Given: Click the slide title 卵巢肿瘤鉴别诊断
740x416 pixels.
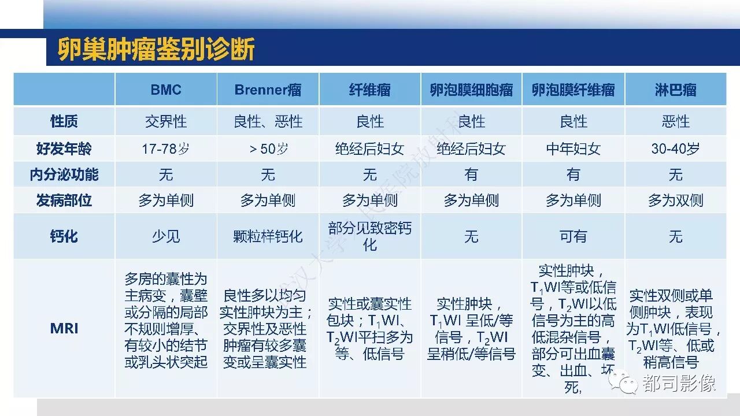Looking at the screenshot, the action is tap(156, 49).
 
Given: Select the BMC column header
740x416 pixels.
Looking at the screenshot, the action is tap(166, 90).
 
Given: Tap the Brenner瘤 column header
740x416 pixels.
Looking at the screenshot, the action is tap(268, 90).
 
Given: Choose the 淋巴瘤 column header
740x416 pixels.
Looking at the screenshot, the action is tap(676, 90).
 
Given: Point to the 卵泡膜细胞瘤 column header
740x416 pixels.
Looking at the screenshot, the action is tap(471, 90).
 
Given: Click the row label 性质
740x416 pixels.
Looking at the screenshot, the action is tap(64, 121).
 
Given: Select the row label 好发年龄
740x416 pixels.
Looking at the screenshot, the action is tap(64, 148).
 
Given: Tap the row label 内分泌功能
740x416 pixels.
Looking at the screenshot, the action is tap(64, 174).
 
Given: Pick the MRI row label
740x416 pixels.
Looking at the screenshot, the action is tap(64, 329).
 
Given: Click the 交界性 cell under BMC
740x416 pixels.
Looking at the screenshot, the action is tap(166, 121).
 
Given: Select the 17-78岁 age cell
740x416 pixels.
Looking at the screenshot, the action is tap(166, 148).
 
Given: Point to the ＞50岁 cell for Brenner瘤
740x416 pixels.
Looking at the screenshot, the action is tap(268, 148).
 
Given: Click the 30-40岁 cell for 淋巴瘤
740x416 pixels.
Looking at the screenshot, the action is tap(676, 148).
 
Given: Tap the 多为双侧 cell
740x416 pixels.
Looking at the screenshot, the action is tap(676, 200).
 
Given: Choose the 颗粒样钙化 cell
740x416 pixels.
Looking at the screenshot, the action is tap(268, 236).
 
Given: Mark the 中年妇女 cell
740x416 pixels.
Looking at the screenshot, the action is tap(573, 148).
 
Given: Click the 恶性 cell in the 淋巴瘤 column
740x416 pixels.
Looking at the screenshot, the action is tap(676, 121).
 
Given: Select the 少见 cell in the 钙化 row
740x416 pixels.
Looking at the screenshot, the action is tap(166, 236).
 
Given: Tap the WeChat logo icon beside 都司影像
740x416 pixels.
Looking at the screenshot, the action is tap(623, 382).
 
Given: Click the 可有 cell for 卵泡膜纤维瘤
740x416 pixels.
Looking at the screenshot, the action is tap(573, 236).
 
